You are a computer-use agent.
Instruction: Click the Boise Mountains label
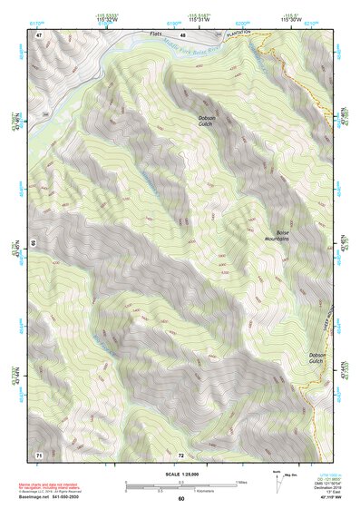point(276,234)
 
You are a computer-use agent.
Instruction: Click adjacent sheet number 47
point(39,34)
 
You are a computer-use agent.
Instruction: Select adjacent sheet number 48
point(182,34)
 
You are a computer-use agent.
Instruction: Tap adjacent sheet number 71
point(39,453)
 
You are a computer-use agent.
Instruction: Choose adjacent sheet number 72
point(181,453)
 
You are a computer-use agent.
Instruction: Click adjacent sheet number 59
point(34,243)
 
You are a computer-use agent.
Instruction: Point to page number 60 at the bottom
point(181,498)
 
